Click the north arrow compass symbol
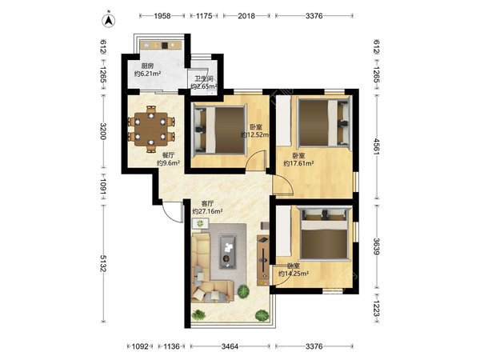pos(108,20)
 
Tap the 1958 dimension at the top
pos(162,16)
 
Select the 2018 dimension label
pos(246,16)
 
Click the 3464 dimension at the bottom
pos(230,346)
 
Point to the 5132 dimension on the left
pos(103,263)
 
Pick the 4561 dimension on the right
pos(377,146)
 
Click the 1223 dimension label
pos(377,309)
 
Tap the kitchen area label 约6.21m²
pos(148,74)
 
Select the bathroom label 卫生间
pos(204,78)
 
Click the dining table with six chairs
pos(151,129)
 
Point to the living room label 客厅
pos(207,203)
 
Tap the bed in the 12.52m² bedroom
pos(220,129)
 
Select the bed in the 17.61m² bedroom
pos(324,122)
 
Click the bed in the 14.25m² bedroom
pos(324,234)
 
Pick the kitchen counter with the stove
pos(161,46)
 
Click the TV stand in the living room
pos(263,260)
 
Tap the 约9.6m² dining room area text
pos(168,163)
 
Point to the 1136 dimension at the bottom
pos(171,346)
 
